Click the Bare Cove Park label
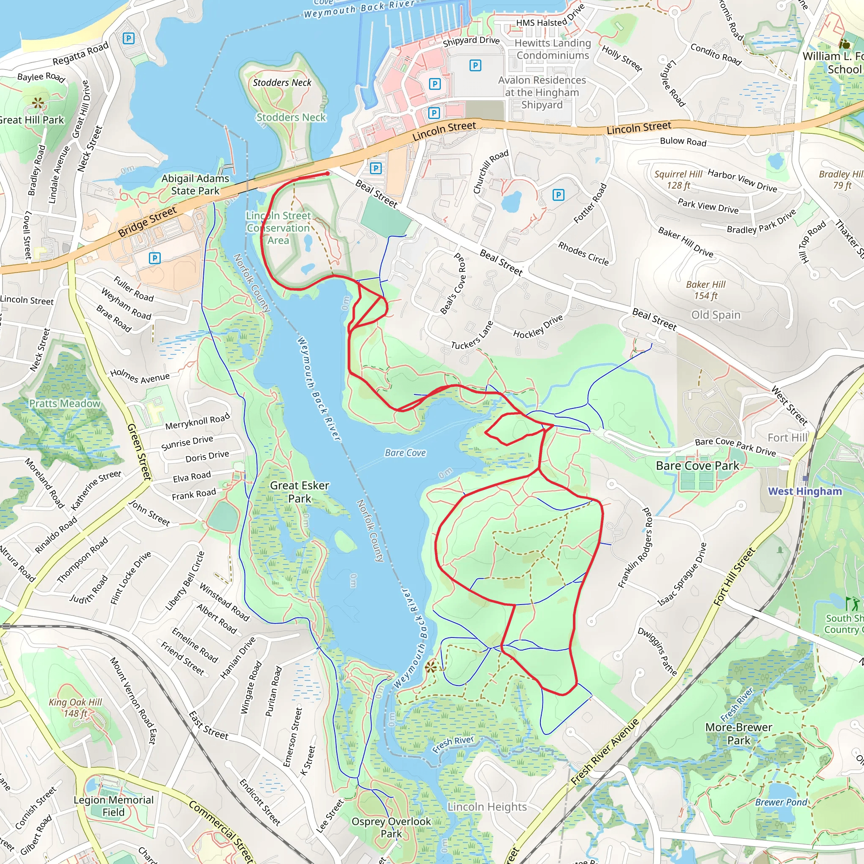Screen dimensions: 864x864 click(x=697, y=466)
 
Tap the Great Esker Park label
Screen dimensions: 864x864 click(x=299, y=491)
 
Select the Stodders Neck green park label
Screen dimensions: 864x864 click(x=291, y=117)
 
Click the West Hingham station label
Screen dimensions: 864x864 click(x=805, y=491)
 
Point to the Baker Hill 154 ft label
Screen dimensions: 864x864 click(x=706, y=290)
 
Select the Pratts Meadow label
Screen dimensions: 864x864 click(x=65, y=403)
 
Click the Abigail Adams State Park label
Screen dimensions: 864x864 click(x=195, y=184)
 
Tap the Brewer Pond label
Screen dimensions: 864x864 click(x=781, y=802)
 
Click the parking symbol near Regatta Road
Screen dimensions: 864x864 click(x=128, y=38)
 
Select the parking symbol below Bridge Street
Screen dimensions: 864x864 click(x=154, y=258)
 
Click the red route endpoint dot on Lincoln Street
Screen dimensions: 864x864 click(x=328, y=173)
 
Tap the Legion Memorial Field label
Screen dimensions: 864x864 click(x=113, y=805)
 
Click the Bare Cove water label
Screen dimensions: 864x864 click(x=405, y=453)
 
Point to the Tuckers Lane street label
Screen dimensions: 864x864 click(x=472, y=336)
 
